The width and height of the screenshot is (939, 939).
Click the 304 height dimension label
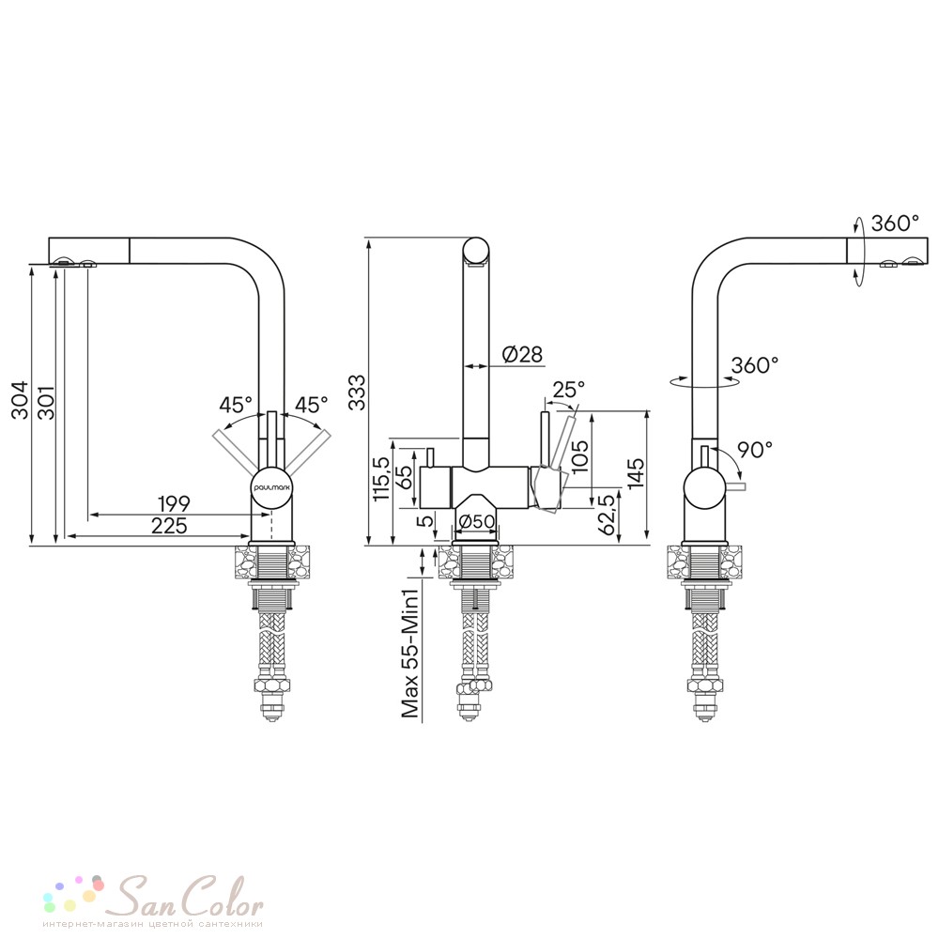(19, 399)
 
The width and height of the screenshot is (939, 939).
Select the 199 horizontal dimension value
(174, 503)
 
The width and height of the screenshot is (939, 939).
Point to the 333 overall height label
(357, 392)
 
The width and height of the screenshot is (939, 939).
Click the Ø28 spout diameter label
(522, 355)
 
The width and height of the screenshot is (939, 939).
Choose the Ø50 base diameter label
(477, 521)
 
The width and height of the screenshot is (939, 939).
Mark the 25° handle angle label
(568, 390)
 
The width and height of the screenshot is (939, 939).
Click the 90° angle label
(755, 449)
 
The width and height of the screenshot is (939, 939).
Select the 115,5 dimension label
(381, 478)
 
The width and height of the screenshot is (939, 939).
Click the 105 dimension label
(579, 457)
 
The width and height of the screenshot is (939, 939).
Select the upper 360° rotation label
(895, 223)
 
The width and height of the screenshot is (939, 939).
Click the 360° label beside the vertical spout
(755, 364)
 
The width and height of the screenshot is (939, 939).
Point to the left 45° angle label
(236, 405)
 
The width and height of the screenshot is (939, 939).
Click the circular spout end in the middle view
(476, 251)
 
